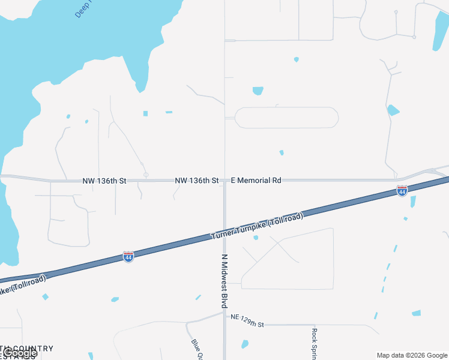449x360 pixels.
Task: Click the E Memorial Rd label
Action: coord(256,180)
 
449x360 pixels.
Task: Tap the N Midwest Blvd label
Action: coord(224,280)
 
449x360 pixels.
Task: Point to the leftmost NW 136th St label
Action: coord(105,181)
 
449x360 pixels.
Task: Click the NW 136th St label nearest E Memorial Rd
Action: coord(196,180)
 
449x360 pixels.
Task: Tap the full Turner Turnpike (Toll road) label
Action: coord(257,226)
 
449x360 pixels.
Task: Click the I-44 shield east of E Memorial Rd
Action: coord(402,191)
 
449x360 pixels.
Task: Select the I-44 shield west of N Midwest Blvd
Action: coord(128,256)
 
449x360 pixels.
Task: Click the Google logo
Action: coord(20,353)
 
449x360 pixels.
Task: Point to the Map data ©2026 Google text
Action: coord(412,355)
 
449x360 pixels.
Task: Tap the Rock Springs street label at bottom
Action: coord(314,343)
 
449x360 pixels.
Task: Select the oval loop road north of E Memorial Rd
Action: coord(286,118)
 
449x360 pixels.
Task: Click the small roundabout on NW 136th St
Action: coord(146,175)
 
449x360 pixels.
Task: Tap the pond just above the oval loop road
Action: coord(258,91)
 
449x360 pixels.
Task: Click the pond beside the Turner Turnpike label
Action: coord(256,238)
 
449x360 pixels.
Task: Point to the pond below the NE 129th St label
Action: coord(245,344)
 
